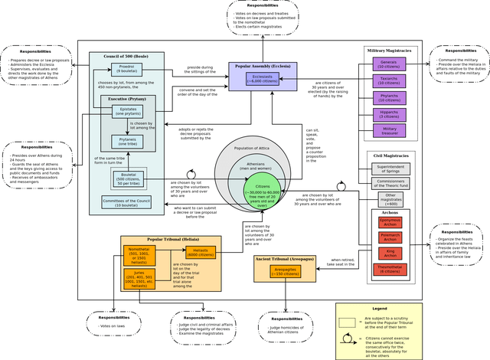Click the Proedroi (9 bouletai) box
point(126,70)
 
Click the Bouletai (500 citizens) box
point(127,177)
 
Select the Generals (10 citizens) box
point(388,64)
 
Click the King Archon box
point(390,253)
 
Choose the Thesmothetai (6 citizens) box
point(390,269)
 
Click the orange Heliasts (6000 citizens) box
point(201,251)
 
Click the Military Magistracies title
point(388,50)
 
